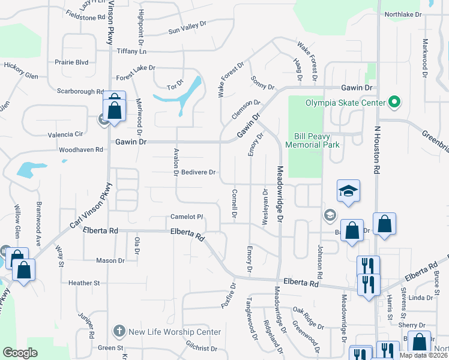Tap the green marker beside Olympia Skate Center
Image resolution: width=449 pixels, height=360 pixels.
394,103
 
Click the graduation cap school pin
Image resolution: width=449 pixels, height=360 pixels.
348,191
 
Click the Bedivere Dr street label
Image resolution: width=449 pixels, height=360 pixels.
199,173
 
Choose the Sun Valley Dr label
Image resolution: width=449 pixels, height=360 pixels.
187,28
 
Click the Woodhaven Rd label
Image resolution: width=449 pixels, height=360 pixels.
81,149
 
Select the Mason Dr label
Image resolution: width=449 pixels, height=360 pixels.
110,260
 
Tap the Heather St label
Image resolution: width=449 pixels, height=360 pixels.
83,283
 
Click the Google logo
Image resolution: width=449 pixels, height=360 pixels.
20,353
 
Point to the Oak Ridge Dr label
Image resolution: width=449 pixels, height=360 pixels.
309,318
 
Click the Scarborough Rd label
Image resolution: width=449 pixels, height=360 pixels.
81,91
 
